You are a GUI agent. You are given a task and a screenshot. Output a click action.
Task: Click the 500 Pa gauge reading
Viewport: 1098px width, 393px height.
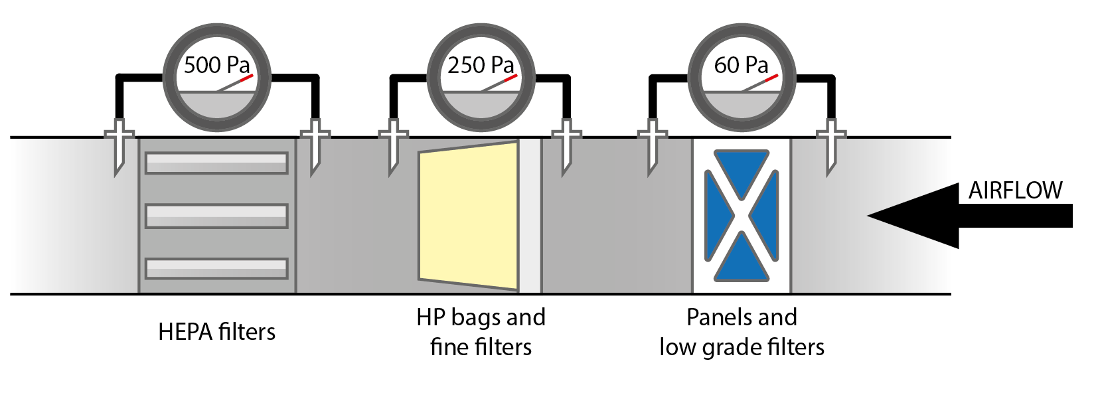[x=216, y=65]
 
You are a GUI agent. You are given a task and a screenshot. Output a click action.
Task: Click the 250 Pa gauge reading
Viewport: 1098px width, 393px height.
[x=481, y=65]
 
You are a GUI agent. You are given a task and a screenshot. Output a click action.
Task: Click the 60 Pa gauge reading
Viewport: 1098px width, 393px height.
[x=741, y=65]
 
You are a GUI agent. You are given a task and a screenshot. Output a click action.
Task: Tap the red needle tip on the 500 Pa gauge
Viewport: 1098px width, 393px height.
[x=247, y=78]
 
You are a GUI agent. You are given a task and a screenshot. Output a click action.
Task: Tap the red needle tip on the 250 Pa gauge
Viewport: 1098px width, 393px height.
[x=510, y=78]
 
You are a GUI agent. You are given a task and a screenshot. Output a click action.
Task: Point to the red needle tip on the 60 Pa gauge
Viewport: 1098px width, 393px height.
[x=771, y=78]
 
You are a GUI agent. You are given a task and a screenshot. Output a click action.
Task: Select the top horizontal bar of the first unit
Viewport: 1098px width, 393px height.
[x=216, y=163]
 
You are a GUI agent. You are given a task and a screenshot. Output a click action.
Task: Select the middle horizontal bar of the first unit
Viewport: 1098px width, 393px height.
[x=216, y=216]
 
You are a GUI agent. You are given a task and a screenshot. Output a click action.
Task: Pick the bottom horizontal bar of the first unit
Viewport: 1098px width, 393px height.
[x=216, y=268]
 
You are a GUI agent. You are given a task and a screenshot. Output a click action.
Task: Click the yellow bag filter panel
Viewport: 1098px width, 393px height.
[x=468, y=216]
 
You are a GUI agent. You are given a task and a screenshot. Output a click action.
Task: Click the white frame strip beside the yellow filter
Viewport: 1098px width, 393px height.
[x=529, y=216]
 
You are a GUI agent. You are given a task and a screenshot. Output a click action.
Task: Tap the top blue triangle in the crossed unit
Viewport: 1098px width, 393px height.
[x=742, y=169]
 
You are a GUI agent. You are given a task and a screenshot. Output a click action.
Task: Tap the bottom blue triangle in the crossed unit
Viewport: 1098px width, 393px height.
[x=742, y=262]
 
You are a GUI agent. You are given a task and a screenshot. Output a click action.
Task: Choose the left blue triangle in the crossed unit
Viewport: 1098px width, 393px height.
[x=716, y=216]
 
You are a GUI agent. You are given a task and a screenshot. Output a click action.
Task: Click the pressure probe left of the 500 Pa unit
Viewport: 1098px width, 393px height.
[x=119, y=146]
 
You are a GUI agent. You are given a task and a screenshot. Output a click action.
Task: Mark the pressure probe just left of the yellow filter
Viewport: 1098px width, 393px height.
[x=393, y=146]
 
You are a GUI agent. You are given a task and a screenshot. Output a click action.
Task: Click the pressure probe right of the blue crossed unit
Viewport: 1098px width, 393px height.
[x=830, y=146]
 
